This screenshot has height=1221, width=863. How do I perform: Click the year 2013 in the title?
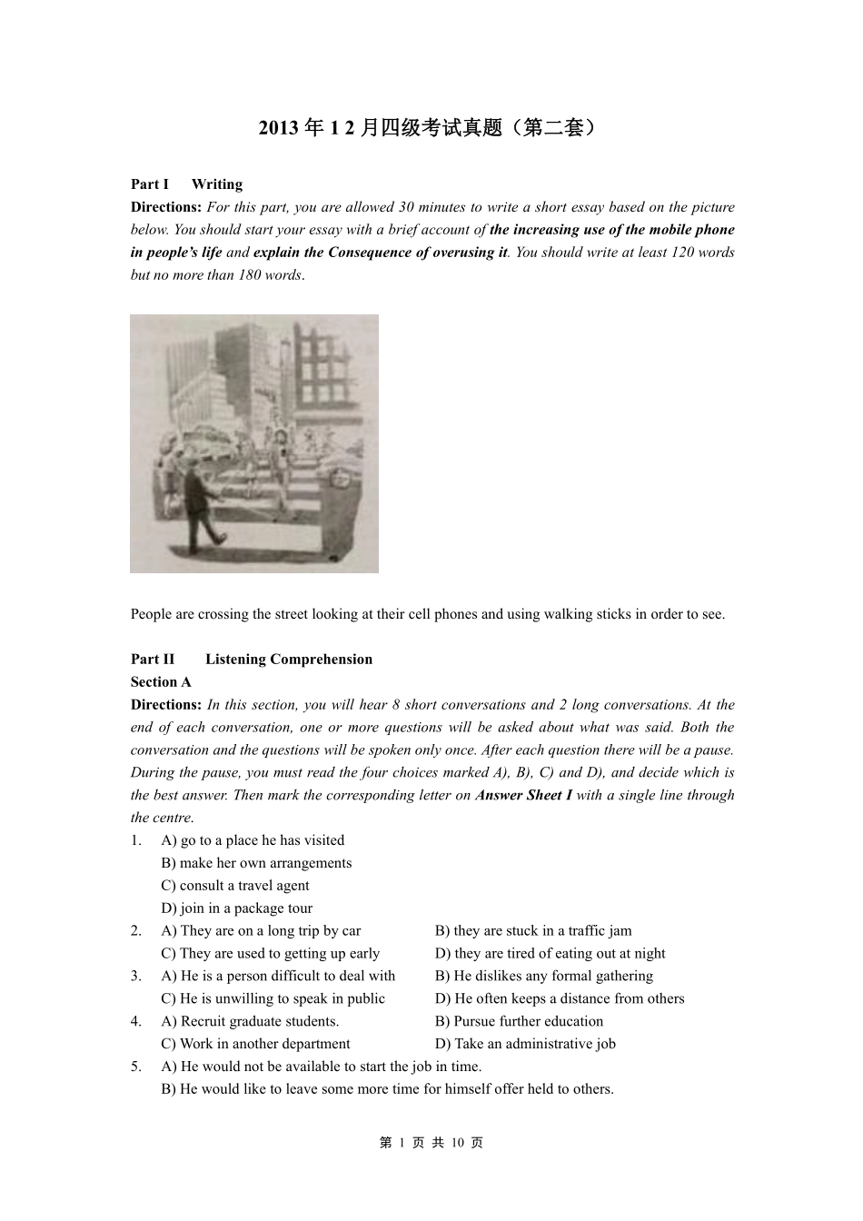[x=278, y=128]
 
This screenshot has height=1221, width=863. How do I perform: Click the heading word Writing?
[x=217, y=184]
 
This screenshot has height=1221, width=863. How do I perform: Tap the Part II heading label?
[x=153, y=660]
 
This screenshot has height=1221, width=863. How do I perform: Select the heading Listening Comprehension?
[x=289, y=660]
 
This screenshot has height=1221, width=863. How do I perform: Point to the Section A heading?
[x=161, y=682]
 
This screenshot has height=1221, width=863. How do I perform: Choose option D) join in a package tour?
[x=236, y=908]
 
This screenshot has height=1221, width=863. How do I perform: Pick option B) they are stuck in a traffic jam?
[x=533, y=931]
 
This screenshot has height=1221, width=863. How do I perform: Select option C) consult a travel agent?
[x=235, y=886]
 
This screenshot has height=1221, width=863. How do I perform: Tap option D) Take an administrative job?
[x=525, y=1044]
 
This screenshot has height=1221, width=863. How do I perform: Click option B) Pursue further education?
[x=519, y=1021]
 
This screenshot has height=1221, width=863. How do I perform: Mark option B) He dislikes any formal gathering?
[x=543, y=976]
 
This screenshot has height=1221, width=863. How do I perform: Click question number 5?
[x=135, y=1067]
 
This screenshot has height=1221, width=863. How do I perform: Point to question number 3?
[x=135, y=976]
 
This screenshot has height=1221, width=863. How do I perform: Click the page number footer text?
[x=431, y=1143]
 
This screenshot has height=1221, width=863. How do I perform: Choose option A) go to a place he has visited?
[x=253, y=840]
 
